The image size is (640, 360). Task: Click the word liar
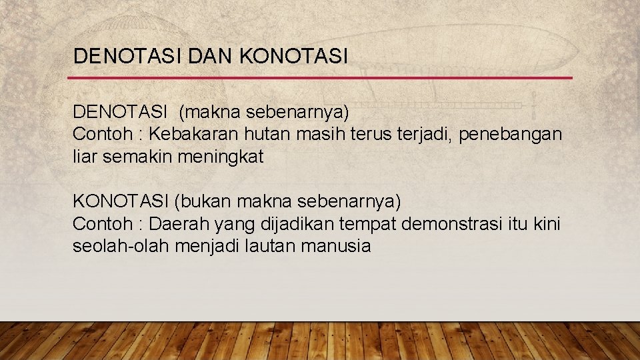click(x=83, y=157)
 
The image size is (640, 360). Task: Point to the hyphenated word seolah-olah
click(x=121, y=247)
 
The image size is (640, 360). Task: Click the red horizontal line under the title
click(x=320, y=78)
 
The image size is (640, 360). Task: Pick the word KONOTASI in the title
click(x=293, y=56)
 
